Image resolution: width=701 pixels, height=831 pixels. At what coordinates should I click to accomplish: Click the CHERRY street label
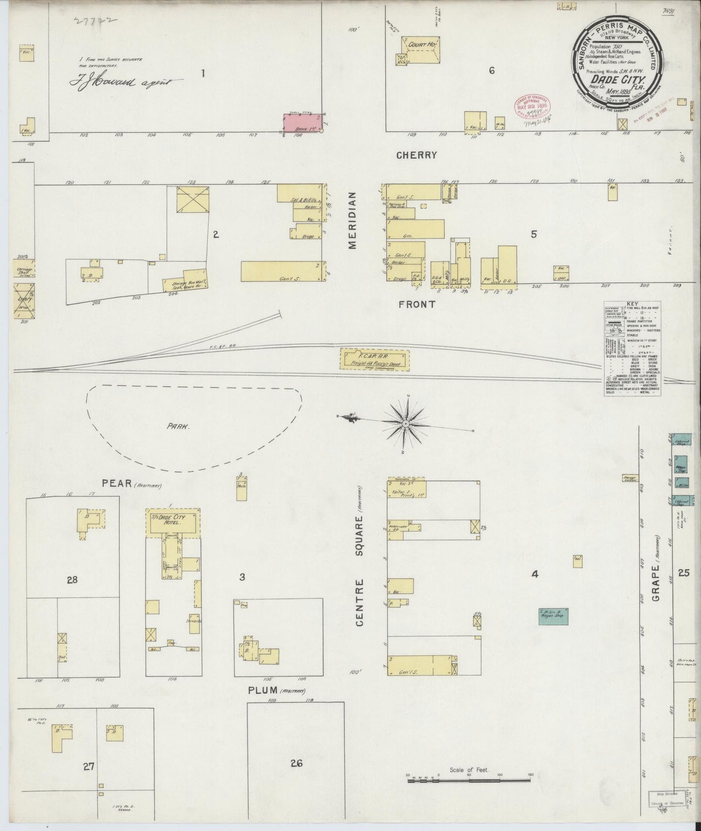click(416, 155)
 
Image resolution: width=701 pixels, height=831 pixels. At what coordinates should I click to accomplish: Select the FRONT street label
click(417, 304)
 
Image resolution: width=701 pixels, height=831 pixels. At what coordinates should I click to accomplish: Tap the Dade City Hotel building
click(173, 523)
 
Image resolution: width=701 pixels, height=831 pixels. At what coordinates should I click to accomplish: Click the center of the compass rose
click(406, 425)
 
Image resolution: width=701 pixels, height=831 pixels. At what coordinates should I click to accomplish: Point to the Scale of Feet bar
click(469, 781)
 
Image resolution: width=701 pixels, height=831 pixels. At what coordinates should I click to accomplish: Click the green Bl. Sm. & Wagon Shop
click(553, 615)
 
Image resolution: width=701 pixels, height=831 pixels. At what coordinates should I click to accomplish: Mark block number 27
click(88, 780)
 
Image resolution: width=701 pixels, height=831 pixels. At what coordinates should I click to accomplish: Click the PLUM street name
click(262, 690)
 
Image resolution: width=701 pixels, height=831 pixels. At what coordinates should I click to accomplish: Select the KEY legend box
click(632, 349)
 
